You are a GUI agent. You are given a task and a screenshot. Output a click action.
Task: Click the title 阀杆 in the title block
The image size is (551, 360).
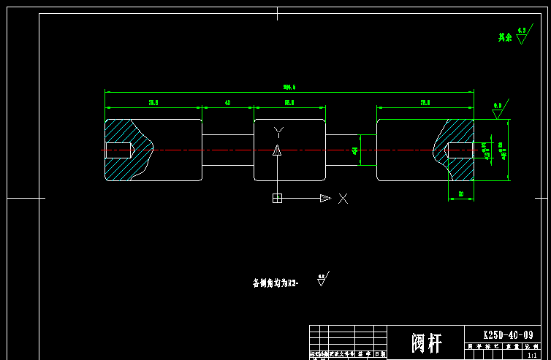[427, 342]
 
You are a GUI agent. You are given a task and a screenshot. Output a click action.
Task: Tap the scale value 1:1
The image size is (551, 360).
[531, 355]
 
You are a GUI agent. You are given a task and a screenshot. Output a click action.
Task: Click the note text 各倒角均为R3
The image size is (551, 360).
[275, 283]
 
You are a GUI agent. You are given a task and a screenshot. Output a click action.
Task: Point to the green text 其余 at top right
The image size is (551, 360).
[505, 37]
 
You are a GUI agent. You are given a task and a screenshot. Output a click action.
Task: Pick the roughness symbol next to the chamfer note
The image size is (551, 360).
[322, 280]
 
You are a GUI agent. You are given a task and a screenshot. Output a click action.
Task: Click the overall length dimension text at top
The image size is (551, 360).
[289, 88]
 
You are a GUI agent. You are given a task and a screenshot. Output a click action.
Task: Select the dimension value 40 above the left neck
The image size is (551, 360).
[228, 103]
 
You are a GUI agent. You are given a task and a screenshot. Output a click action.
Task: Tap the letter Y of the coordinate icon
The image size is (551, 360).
[278, 132]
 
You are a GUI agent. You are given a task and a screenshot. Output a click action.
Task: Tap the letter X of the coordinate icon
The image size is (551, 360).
[343, 198]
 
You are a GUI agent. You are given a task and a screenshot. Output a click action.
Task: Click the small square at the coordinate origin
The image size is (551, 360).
[277, 198]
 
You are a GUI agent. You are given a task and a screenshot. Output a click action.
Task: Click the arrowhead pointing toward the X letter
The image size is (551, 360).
[324, 198]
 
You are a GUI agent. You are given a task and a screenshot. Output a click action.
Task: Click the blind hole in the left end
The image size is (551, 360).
[118, 150]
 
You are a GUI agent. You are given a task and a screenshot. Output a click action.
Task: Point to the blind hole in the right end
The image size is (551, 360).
[460, 150]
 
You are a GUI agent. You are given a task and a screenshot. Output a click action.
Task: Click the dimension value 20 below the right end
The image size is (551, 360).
[460, 194]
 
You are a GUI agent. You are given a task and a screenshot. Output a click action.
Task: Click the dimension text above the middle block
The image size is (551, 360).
[289, 103]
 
